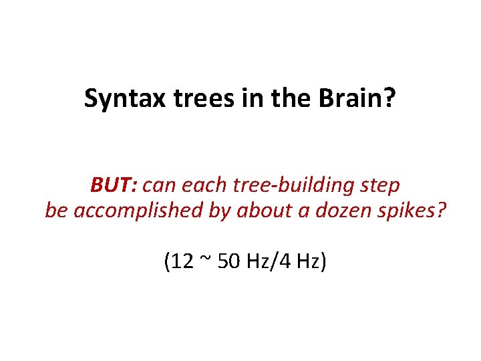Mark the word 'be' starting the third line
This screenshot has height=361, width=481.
tap(57, 211)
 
